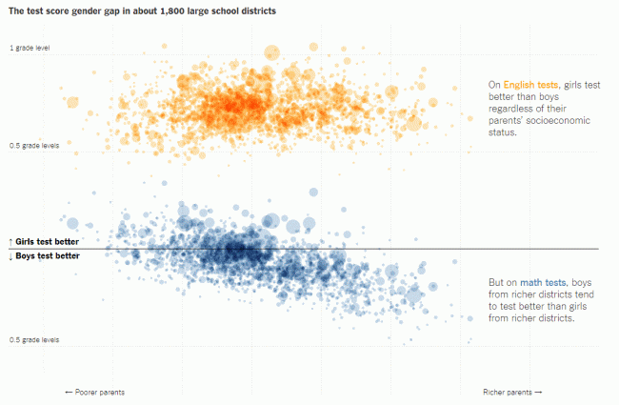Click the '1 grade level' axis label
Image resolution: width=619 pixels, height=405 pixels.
(30, 48)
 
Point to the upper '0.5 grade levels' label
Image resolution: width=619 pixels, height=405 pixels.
(34, 146)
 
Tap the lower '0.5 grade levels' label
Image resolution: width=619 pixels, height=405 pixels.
(34, 339)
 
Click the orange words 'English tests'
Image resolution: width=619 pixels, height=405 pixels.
(529, 85)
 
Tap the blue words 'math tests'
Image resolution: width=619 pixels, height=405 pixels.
(546, 282)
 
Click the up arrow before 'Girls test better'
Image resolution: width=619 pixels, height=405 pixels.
(10, 242)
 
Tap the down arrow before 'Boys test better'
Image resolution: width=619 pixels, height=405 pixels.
(10, 256)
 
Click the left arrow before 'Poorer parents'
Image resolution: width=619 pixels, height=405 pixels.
(69, 392)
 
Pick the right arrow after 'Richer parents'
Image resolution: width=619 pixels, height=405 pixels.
(539, 392)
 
